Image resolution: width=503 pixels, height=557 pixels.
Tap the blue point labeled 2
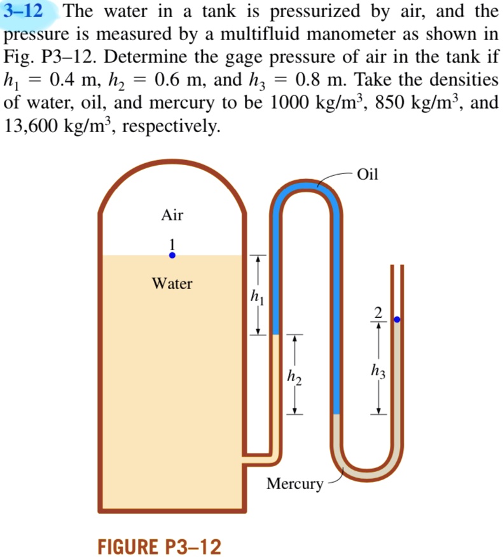(397, 319)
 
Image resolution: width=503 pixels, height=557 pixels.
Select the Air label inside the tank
(172, 215)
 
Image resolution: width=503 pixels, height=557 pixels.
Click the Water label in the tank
(172, 283)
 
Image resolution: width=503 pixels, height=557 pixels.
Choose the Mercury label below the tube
(294, 484)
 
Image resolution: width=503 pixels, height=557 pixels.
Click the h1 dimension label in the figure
(256, 295)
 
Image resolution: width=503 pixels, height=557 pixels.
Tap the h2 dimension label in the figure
(293, 376)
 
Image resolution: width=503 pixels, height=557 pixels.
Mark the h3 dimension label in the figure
(378, 371)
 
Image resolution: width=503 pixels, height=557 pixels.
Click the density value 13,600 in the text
(38, 125)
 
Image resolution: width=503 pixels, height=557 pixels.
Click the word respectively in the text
(170, 126)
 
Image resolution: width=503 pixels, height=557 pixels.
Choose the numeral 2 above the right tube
(378, 311)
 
